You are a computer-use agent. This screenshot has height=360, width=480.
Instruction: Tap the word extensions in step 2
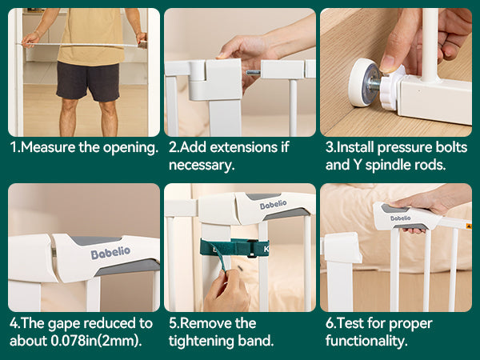tap(244, 147)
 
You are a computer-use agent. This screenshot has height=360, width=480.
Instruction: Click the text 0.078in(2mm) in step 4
tap(96, 341)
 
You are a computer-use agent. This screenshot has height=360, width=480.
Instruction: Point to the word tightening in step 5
tap(202, 341)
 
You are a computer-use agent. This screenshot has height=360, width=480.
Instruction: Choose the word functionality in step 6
tap(366, 341)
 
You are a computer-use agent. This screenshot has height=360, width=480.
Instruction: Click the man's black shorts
tap(88, 81)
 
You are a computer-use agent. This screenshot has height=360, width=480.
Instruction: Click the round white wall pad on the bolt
tap(362, 82)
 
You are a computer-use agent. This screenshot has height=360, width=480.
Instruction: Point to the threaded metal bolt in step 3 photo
tap(374, 84)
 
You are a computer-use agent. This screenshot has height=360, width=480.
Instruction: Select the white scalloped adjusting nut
tap(391, 89)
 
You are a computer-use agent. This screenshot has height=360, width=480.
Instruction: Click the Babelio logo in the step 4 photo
tap(110, 253)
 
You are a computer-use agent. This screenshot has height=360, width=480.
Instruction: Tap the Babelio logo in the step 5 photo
tap(273, 205)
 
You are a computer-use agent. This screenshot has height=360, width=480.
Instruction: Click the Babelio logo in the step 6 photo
tap(401, 218)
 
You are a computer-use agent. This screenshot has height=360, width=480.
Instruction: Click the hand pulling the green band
tap(226, 291)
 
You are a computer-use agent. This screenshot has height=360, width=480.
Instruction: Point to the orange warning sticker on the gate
tap(468, 226)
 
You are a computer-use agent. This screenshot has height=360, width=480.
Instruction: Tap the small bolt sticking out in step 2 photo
tap(254, 73)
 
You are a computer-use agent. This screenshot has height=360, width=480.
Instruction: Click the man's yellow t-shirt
tap(91, 36)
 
